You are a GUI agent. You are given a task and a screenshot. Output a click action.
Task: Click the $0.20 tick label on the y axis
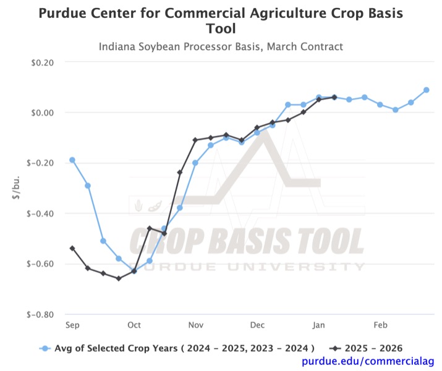[42, 62]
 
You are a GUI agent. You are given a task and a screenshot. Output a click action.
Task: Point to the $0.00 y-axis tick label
[42, 112]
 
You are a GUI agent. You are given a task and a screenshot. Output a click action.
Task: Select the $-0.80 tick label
[41, 314]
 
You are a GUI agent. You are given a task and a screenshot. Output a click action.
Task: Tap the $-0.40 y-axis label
[41, 214]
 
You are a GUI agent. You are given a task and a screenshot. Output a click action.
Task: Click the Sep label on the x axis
[72, 325]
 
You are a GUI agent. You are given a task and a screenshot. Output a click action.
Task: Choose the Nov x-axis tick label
[196, 325]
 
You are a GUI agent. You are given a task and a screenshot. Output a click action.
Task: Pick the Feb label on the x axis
[381, 325]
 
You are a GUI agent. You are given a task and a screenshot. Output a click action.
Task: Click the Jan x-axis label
[319, 325]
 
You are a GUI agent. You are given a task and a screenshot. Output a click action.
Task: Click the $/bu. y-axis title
[16, 188]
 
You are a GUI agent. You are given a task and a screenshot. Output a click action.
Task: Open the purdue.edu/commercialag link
[368, 361]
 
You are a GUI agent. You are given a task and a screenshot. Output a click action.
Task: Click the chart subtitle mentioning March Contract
[221, 47]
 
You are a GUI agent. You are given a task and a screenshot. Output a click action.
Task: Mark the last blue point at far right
[427, 90]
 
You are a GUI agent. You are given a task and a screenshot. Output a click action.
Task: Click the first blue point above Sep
[72, 160]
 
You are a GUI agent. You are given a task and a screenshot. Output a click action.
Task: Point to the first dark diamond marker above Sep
[72, 248]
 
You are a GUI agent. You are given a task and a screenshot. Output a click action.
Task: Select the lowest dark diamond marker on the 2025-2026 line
[119, 278]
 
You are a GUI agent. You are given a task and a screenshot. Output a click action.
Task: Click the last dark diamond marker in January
[334, 97]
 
